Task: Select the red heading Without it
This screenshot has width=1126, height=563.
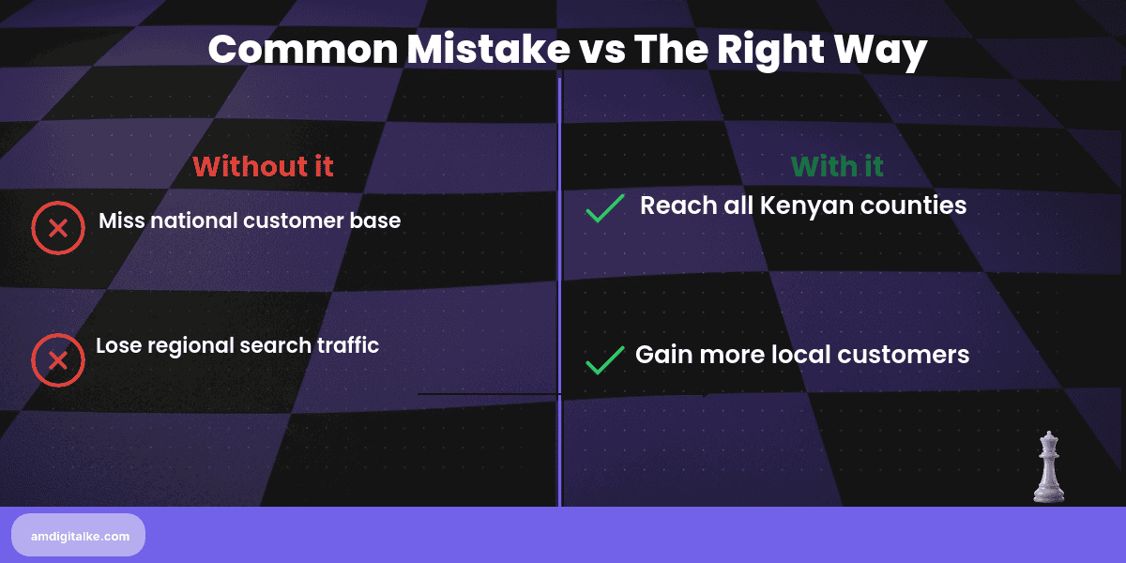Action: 263,166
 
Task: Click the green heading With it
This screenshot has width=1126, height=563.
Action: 837,167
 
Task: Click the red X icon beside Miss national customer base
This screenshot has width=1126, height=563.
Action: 58,228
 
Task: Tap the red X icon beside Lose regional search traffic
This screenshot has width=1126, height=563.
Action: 58,360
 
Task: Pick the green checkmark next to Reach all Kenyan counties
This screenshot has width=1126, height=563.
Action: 605,208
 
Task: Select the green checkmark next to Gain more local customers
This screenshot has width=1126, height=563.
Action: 605,359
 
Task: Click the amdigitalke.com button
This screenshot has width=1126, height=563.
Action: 78,535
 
